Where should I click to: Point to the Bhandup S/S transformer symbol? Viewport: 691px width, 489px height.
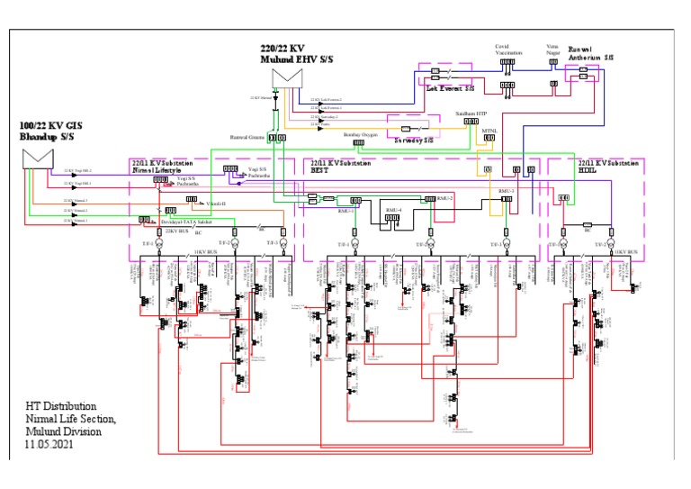tap(37, 158)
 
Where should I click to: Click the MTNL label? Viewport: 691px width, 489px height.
tap(489, 131)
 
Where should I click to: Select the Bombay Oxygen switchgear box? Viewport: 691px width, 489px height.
tap(358, 142)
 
